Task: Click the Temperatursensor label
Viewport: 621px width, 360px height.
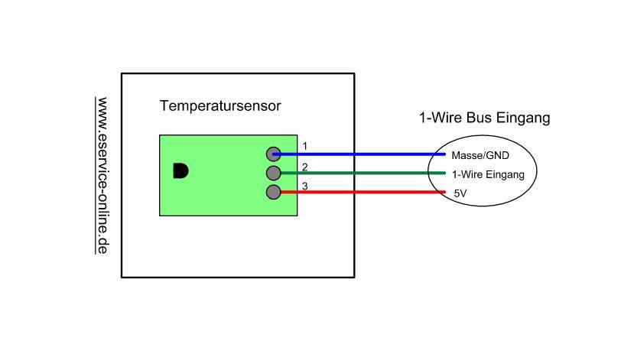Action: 220,105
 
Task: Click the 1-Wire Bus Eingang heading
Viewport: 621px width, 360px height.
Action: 484,118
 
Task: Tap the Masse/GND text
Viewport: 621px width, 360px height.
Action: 480,155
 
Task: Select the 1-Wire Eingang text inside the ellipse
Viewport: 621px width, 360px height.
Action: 488,174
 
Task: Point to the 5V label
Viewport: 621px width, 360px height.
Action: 460,194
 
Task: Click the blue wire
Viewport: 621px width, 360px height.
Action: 359,154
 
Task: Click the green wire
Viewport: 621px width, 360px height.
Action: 359,173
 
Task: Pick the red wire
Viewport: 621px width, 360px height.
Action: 359,192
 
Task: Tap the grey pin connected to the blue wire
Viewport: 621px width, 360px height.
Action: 274,154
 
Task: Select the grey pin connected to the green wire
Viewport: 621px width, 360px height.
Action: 274,173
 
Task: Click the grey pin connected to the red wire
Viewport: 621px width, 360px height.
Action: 274,192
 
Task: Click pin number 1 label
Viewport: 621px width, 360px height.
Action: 304,146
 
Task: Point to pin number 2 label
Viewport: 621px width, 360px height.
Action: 304,167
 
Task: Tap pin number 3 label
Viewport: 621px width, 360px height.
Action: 304,186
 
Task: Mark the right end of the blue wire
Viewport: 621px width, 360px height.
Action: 444,154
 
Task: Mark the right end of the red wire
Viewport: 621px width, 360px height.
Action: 444,192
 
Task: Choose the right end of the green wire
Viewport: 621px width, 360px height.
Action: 444,173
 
